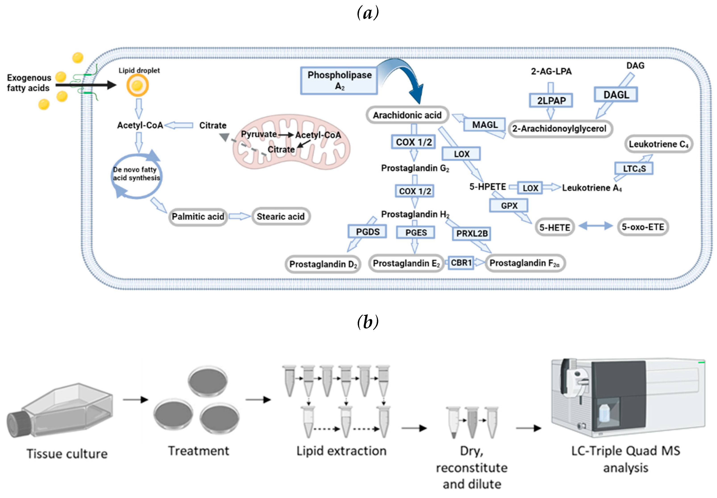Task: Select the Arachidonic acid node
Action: click(x=407, y=115)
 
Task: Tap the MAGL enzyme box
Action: click(x=485, y=125)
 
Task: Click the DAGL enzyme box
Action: click(x=616, y=94)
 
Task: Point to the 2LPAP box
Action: click(x=551, y=100)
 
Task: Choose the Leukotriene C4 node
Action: click(x=659, y=144)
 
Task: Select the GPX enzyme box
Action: click(x=509, y=206)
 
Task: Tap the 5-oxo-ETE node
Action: click(x=643, y=227)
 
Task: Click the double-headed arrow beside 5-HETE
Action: click(x=595, y=226)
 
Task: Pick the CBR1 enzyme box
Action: click(x=461, y=263)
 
